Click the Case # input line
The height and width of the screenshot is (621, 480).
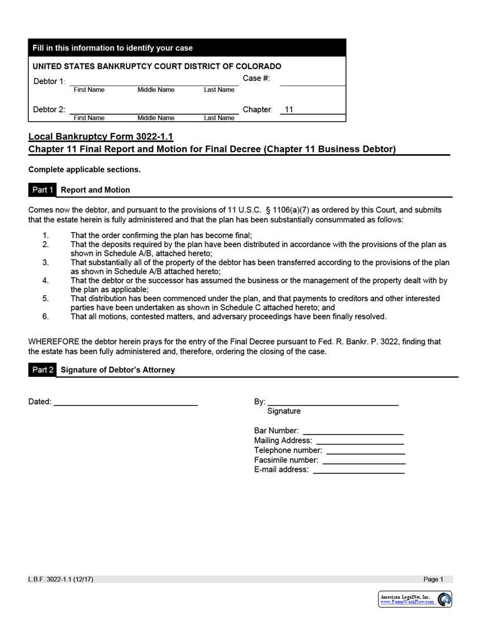[x=312, y=82]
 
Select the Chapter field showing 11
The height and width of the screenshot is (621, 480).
[x=312, y=109]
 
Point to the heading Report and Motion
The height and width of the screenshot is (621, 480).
[x=95, y=190]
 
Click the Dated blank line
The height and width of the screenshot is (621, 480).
[x=125, y=402]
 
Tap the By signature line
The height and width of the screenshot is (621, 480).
[x=333, y=402]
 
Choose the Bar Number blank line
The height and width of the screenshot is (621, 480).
[x=353, y=430]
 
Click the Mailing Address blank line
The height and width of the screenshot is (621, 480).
[x=359, y=440]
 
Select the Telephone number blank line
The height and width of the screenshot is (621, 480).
[x=365, y=450]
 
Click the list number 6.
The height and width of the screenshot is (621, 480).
[x=45, y=316]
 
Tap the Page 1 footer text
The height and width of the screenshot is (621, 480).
[x=434, y=579]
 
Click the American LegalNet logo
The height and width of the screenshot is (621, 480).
[x=415, y=599]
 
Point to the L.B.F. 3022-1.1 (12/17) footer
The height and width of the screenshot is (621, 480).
[x=61, y=579]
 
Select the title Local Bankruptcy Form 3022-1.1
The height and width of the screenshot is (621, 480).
[x=101, y=136]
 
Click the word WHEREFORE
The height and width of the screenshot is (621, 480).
[x=54, y=342]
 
